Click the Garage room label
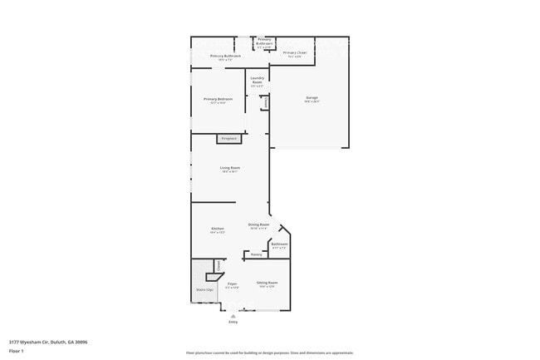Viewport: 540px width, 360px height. tap(312, 98)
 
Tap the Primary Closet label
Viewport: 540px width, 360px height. tap(295, 53)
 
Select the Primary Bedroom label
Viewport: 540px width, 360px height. tap(218, 99)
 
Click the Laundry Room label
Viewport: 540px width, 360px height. tap(258, 80)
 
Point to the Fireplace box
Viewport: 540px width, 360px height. tap(229, 138)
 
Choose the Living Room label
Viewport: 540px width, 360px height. tap(230, 169)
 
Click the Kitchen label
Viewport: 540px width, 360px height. tap(218, 229)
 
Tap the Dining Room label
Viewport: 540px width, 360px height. tap(259, 224)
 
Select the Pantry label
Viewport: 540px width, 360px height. tap(256, 254)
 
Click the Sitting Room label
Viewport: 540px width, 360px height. tap(267, 284)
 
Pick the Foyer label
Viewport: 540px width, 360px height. tap(233, 284)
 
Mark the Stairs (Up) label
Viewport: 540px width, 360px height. tap(204, 289)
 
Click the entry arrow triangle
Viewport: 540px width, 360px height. tap(233, 315)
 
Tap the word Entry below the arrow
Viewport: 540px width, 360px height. tap(233, 322)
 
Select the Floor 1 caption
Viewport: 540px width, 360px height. tap(17, 351)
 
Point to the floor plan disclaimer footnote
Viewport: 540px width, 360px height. tap(270, 353)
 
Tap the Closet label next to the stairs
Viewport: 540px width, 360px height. tap(219, 265)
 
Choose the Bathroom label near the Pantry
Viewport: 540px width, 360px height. tap(279, 244)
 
